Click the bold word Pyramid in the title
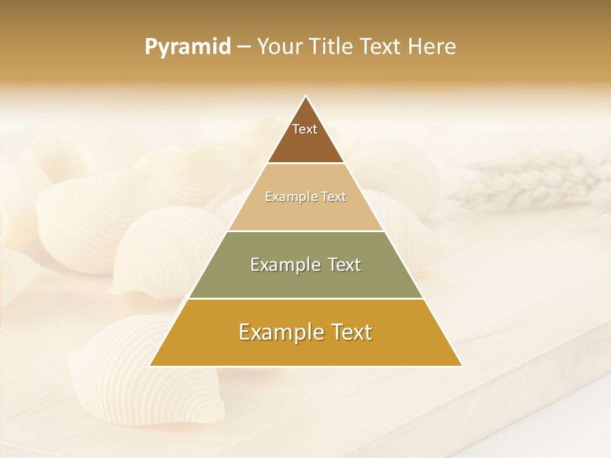click(188, 47)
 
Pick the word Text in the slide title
click(383, 47)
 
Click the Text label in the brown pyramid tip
click(305, 129)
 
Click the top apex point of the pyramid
click(306, 96)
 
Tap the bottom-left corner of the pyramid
click(150, 366)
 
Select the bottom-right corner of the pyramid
click(462, 366)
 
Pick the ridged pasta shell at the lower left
click(146, 375)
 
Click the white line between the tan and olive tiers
click(306, 231)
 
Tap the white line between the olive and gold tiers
click(306, 298)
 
